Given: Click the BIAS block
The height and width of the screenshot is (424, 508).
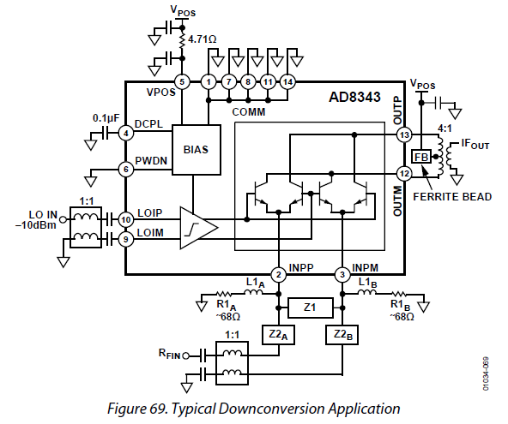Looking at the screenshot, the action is pyautogui.click(x=197, y=150).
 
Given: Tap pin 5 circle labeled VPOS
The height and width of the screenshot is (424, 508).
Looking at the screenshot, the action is pyautogui.click(x=182, y=82).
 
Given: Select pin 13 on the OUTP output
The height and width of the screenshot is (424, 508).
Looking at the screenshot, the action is pyautogui.click(x=405, y=134).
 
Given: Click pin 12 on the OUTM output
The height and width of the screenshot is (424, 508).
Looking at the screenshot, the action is pyautogui.click(x=405, y=174).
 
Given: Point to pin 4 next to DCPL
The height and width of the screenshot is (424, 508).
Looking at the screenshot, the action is pyautogui.click(x=126, y=133).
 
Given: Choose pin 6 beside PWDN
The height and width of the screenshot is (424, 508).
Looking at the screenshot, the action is pyautogui.click(x=126, y=169).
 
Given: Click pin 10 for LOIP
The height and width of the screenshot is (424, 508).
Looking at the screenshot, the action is pyautogui.click(x=125, y=220).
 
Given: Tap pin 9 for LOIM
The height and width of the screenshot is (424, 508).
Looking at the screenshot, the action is pyautogui.click(x=125, y=239).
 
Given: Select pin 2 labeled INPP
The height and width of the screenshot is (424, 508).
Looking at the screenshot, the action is pyautogui.click(x=279, y=275).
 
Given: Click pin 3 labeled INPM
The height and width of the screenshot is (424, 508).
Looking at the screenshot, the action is pyautogui.click(x=342, y=275).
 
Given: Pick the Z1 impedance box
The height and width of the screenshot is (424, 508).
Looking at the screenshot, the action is pyautogui.click(x=311, y=308).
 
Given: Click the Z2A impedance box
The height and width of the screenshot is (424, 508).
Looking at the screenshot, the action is pyautogui.click(x=278, y=335).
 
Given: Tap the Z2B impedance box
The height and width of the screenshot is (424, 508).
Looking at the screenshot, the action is pyautogui.click(x=342, y=335).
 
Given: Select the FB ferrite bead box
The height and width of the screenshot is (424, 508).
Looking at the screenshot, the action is pyautogui.click(x=421, y=157).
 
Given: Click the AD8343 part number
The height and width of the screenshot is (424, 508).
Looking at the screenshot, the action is pyautogui.click(x=354, y=97).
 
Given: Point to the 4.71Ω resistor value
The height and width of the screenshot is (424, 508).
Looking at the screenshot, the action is pyautogui.click(x=203, y=39).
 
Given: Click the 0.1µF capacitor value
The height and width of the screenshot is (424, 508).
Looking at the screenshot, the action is pyautogui.click(x=106, y=118).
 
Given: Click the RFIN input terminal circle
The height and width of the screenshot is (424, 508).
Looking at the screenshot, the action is pyautogui.click(x=185, y=356).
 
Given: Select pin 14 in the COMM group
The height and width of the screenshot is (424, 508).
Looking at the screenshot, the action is pyautogui.click(x=287, y=82).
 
